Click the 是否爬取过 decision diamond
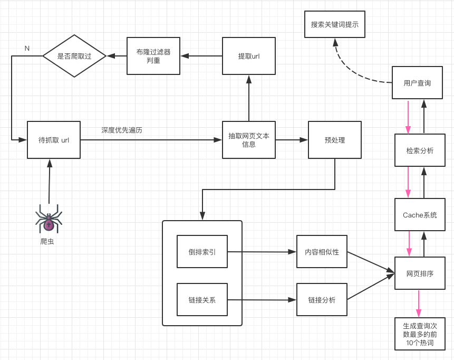tap(74, 56)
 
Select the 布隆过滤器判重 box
tap(153, 56)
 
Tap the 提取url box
tap(249, 56)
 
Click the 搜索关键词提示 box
tap(335, 24)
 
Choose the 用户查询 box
tap(417, 83)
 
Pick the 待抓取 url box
tap(54, 140)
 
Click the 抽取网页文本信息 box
tap(249, 140)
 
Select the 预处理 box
tap(335, 140)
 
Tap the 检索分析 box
tap(420, 150)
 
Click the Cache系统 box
tap(420, 215)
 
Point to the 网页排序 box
tap(420, 273)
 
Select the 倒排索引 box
tap(202, 252)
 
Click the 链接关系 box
tap(202, 300)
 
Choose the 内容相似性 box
tap(322, 252)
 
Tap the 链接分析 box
tap(322, 300)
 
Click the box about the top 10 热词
tap(420, 334)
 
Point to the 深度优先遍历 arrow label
tap(122, 130)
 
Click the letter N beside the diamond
tap(27, 49)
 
